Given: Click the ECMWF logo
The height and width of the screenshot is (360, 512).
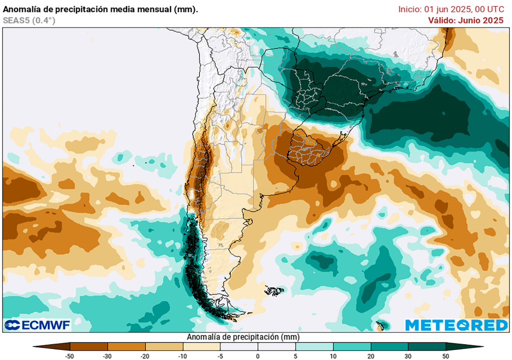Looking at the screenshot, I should point(37,325).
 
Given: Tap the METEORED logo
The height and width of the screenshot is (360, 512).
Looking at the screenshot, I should point(456,325).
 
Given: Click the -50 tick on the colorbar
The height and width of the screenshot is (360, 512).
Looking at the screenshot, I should point(70,355).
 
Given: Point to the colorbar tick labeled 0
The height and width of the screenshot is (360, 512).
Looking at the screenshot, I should point(258,355).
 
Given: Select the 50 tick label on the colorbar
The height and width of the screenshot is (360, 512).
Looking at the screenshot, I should point(445,355).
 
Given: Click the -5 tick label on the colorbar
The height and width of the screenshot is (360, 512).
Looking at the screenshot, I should point(220,355).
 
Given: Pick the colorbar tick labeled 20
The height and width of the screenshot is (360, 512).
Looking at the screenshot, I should point(370,355).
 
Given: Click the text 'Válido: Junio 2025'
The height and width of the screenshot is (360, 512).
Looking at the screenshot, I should point(465,20).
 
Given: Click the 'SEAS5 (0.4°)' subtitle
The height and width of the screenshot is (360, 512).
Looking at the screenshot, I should point(28,20).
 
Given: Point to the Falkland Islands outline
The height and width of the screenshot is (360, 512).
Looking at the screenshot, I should point(274,290).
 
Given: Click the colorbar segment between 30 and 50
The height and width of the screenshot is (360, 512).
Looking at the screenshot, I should point(426,346).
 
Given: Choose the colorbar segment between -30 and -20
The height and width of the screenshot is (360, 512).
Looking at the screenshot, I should point(126,346).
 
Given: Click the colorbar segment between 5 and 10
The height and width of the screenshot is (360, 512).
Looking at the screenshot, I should point(314,346).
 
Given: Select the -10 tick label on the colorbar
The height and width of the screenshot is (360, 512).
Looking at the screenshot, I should point(183,355).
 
